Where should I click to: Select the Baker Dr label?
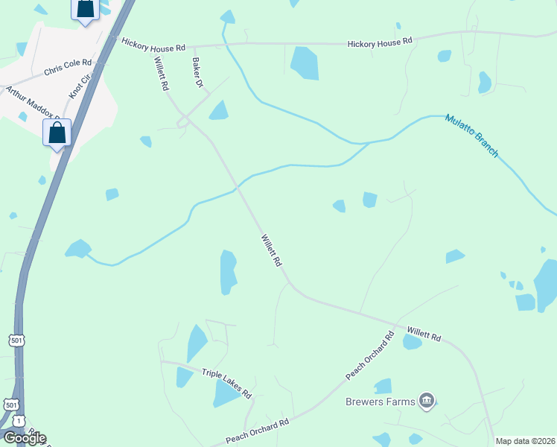tap(197, 73)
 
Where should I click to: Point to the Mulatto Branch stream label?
tap(471, 135)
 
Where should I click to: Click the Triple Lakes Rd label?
tap(226, 382)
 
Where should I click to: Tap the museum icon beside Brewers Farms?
tap(427, 402)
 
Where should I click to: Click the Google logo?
tap(24, 437)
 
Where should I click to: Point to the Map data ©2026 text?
tap(525, 441)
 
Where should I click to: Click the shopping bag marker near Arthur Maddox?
tap(57, 133)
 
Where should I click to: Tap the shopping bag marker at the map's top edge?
tap(85, 9)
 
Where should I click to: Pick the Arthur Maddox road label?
tap(32, 103)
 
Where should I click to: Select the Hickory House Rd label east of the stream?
tap(379, 43)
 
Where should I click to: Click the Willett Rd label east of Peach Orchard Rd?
tap(424, 333)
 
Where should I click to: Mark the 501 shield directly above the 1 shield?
tap(11, 405)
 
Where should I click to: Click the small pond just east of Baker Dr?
tap(218, 111)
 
